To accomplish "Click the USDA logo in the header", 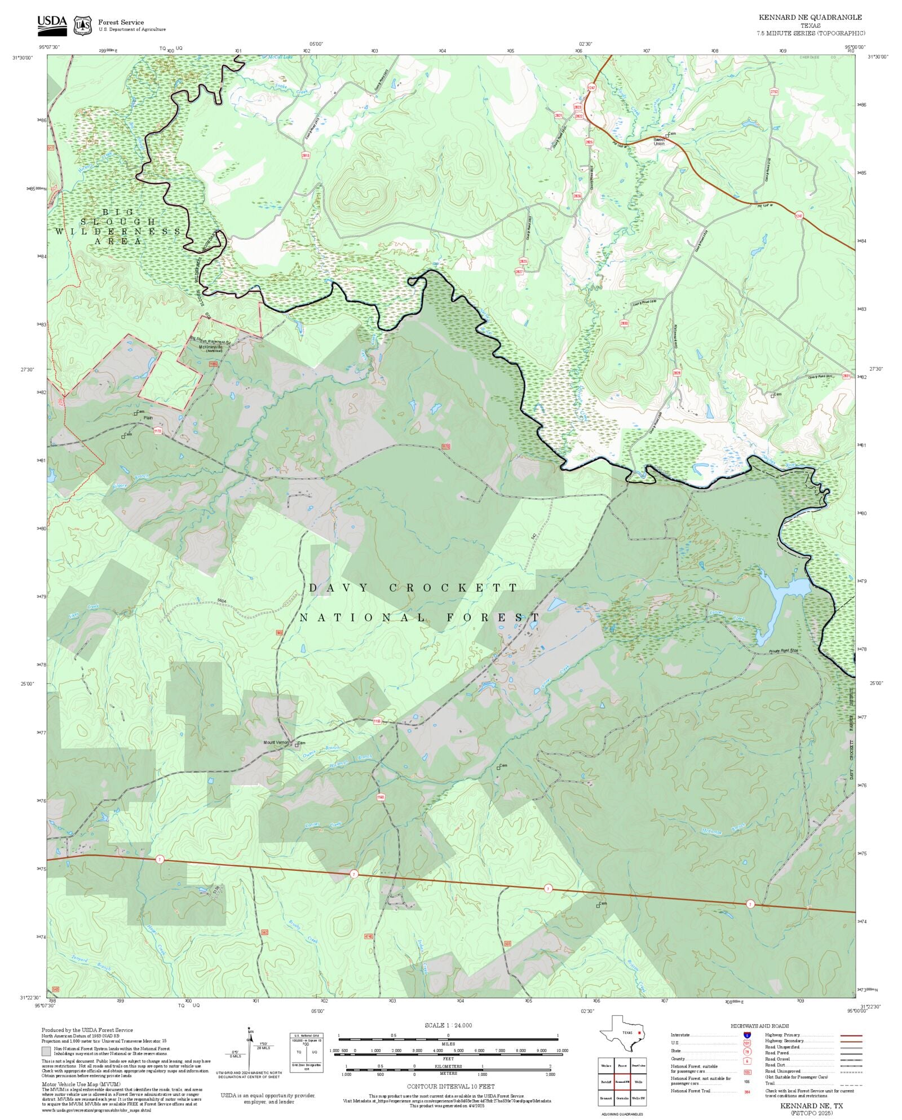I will (x=52, y=25).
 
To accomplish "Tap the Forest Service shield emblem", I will (x=83, y=25).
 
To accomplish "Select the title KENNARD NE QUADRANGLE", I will (x=810, y=17).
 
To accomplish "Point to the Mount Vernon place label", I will (x=276, y=742).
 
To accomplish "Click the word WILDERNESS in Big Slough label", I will (x=118, y=231).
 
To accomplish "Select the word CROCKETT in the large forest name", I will (x=453, y=588).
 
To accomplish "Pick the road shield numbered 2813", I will (x=306, y=156).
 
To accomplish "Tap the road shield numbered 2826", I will (x=577, y=196).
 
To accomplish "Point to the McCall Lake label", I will (x=264, y=57).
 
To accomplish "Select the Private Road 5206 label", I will (x=784, y=652).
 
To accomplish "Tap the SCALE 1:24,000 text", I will (x=448, y=1025).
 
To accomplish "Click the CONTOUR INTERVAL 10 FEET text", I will (x=450, y=1086).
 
